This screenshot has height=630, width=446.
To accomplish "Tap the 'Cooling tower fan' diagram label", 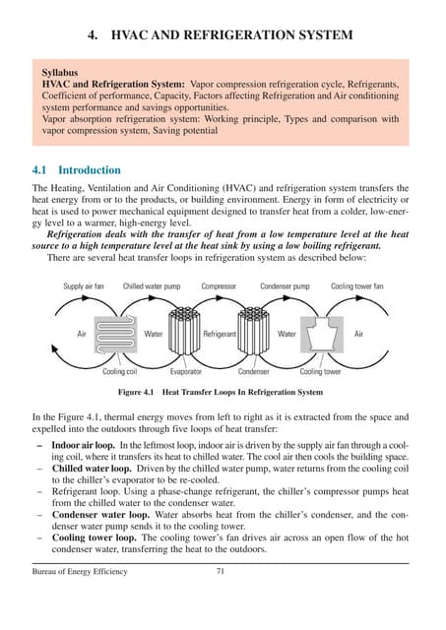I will click(356, 286).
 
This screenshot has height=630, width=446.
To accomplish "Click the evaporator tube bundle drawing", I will click(186, 333).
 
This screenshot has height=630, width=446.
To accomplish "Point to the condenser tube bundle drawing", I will click(253, 333).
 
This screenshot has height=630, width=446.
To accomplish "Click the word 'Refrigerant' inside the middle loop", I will click(220, 335).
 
